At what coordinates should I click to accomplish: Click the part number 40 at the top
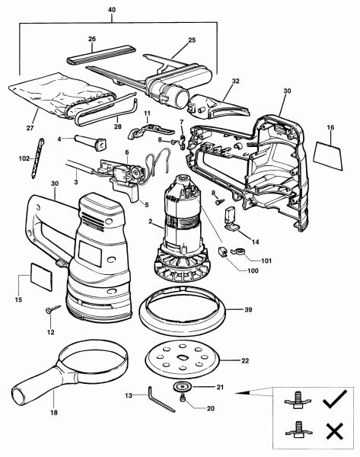click(x=112, y=10)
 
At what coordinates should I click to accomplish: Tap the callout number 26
click(x=92, y=39)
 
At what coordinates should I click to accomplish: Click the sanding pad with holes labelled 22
click(x=183, y=358)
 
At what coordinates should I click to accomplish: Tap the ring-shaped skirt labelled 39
click(x=183, y=309)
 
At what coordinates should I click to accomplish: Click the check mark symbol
click(x=335, y=399)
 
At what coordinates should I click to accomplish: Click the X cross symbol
click(x=335, y=432)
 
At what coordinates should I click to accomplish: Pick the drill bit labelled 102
click(x=38, y=158)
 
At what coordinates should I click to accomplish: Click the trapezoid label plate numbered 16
click(x=328, y=155)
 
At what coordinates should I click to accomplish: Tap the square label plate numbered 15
click(x=41, y=276)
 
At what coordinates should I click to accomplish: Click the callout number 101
click(x=266, y=260)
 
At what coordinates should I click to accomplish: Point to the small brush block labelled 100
click(x=222, y=252)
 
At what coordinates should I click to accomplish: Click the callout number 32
click(x=236, y=81)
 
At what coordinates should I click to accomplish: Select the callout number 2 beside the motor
click(x=150, y=222)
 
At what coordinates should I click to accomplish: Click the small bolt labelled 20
click(x=183, y=398)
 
